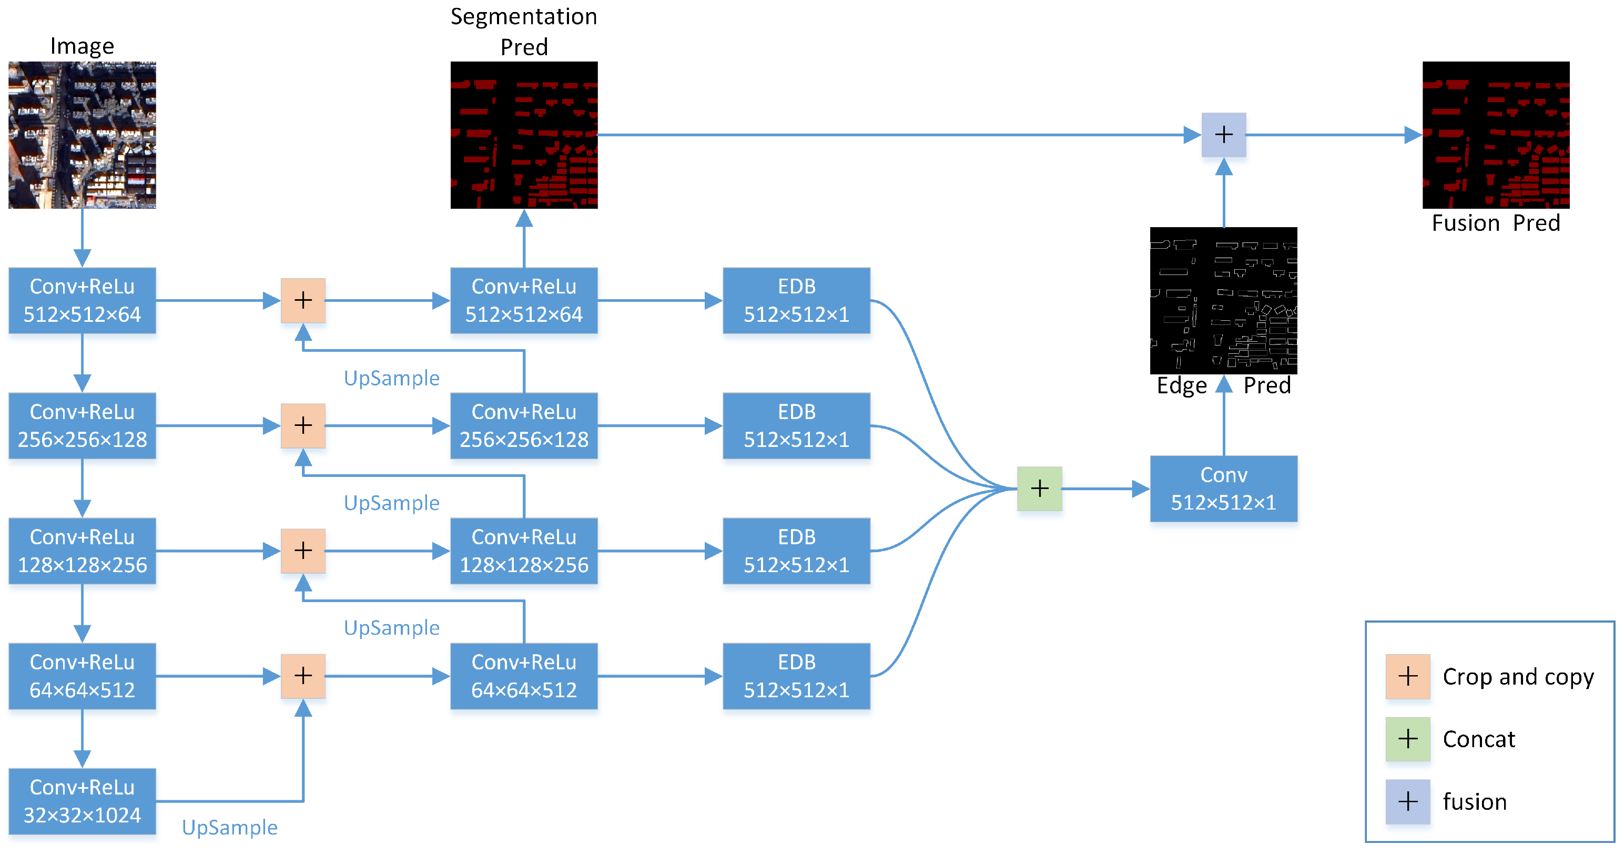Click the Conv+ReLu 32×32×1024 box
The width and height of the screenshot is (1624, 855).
tap(82, 801)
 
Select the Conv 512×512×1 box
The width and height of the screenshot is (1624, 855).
tap(1224, 488)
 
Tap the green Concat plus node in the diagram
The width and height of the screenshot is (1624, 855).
tap(1040, 488)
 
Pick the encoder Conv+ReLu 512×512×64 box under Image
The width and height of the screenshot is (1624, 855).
tap(82, 301)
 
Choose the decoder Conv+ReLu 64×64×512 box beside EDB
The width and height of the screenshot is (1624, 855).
tap(524, 676)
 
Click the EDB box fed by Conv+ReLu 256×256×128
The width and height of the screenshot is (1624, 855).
tap(796, 425)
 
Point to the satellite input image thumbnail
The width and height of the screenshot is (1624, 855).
tap(82, 135)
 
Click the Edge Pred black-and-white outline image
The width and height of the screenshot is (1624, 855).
tap(1224, 301)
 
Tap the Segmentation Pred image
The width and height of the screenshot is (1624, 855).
tap(524, 135)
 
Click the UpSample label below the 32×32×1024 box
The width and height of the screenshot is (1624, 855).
tap(229, 827)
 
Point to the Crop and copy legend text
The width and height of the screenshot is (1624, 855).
tap(1518, 677)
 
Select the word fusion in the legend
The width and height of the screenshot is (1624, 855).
tap(1475, 801)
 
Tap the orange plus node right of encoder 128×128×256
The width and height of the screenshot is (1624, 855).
tap(303, 551)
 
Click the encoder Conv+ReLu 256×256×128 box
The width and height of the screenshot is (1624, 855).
tap(82, 425)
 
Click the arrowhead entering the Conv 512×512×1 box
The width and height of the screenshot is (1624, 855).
tap(1141, 488)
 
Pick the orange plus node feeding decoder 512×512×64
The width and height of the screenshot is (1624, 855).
tap(303, 301)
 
